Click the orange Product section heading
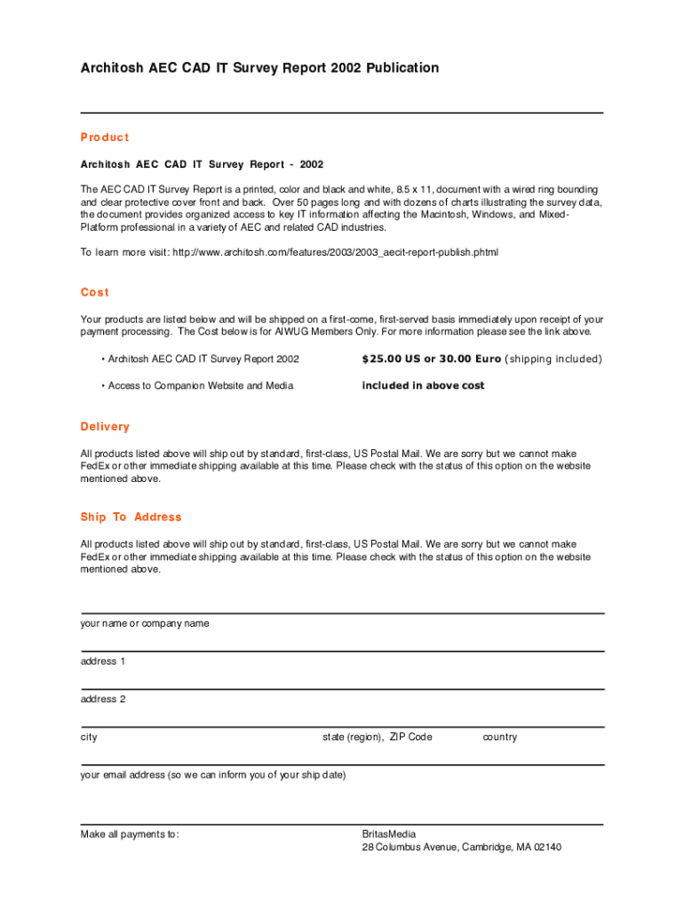click(x=105, y=138)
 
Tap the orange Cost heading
click(x=94, y=292)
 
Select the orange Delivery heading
click(x=105, y=427)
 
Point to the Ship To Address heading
click(x=131, y=517)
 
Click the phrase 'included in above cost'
click(x=423, y=385)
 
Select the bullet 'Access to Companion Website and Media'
click(x=200, y=385)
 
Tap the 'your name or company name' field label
click(x=145, y=623)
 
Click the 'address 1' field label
click(x=103, y=661)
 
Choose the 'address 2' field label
click(x=103, y=699)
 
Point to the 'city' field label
click(x=89, y=737)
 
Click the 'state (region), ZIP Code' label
click(x=377, y=737)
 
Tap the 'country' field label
click(x=499, y=737)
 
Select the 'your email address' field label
click(x=212, y=775)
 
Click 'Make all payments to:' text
click(x=130, y=834)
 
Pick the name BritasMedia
click(x=389, y=834)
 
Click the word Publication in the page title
click(x=399, y=67)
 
